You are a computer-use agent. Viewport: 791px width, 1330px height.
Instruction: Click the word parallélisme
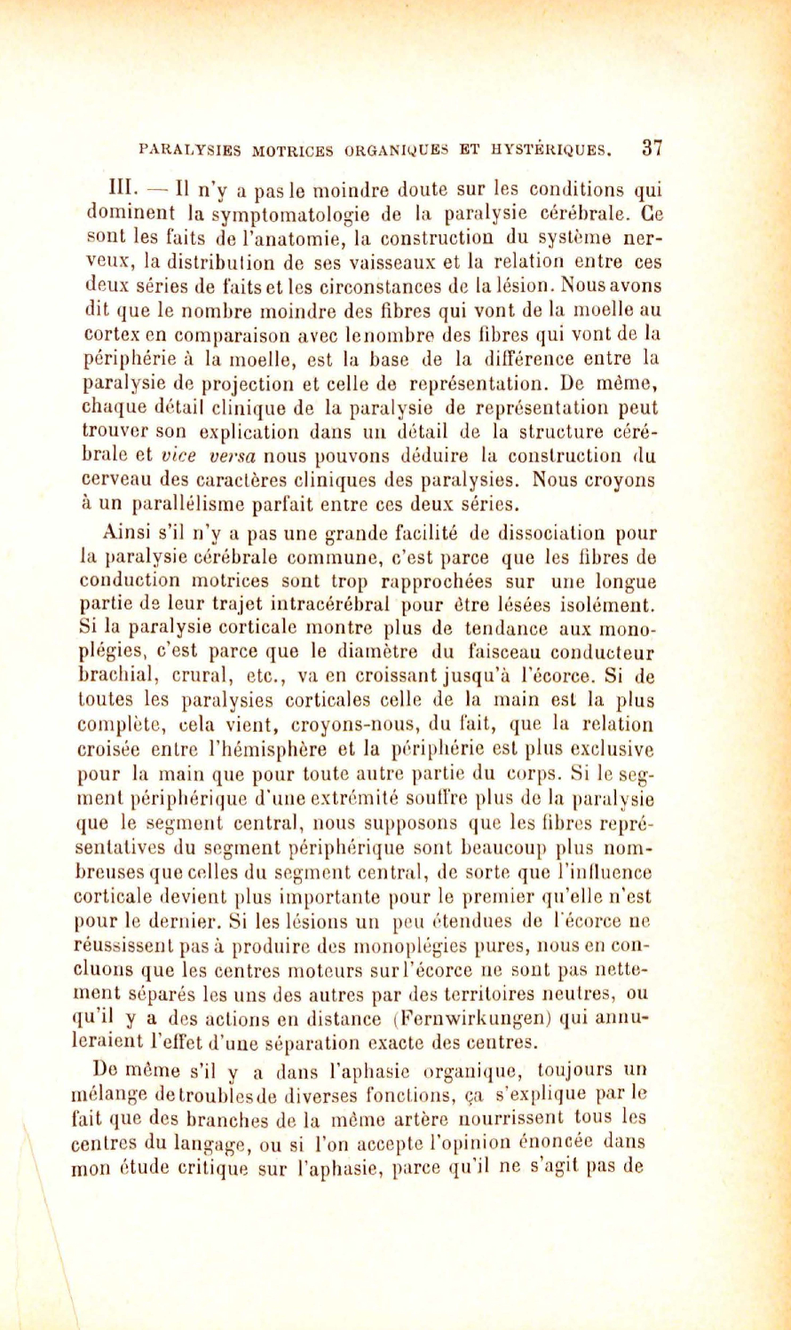coord(192,505)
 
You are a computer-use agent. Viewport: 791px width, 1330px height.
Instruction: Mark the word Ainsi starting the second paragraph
coord(121,534)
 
